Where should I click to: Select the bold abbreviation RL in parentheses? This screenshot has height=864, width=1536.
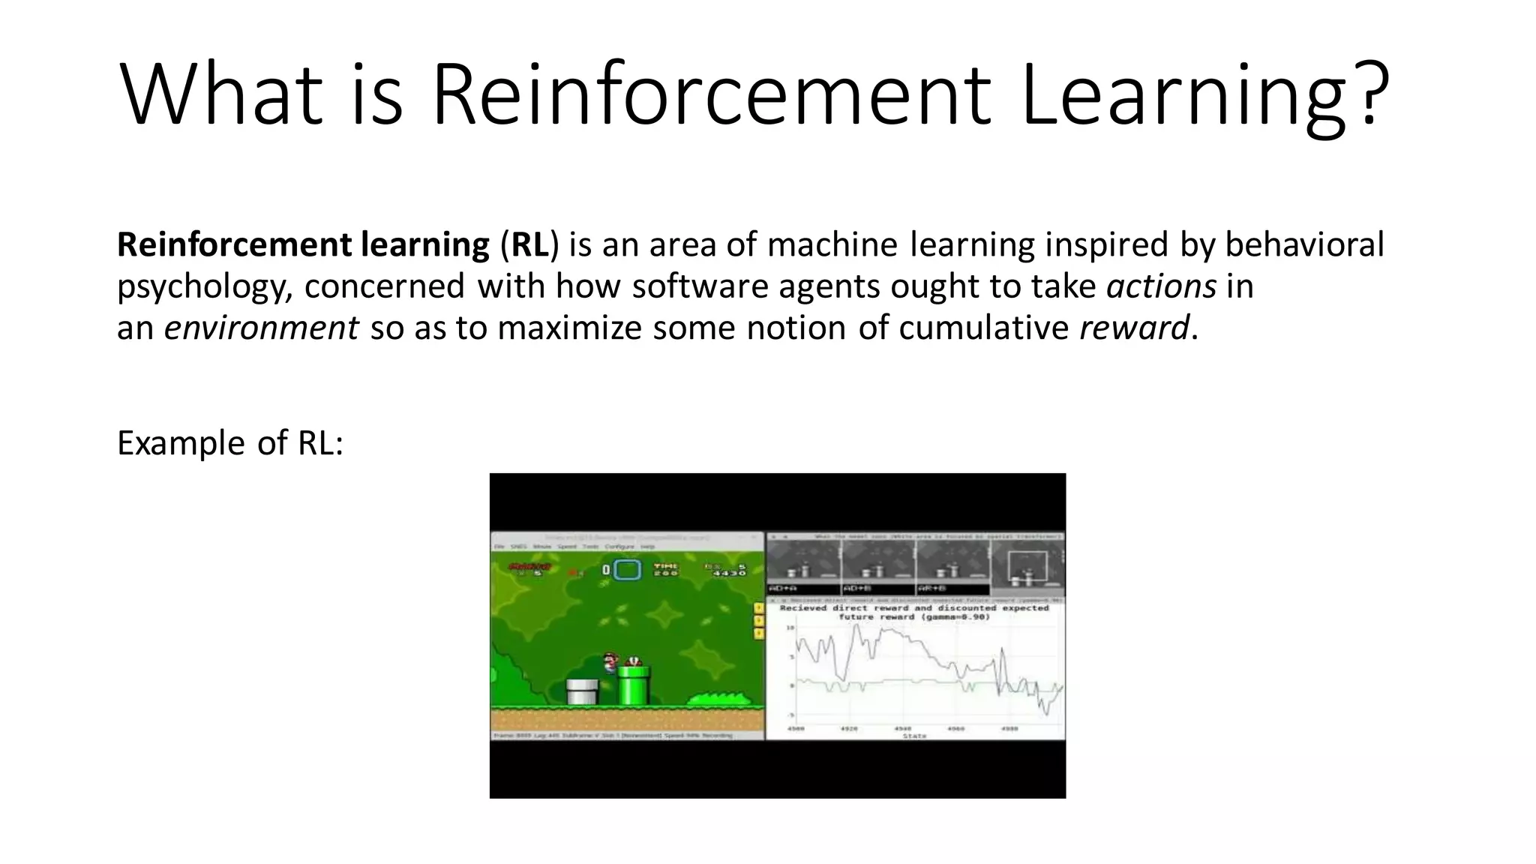(529, 245)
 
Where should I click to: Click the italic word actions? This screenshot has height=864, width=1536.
(1161, 286)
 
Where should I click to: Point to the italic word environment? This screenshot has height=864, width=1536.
(261, 328)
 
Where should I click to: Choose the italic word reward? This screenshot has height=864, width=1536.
(1133, 328)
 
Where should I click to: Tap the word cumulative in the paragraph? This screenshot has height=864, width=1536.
(983, 328)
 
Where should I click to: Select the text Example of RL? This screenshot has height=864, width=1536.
(230, 443)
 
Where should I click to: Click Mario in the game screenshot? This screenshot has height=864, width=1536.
(610, 662)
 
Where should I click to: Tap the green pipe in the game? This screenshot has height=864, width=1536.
(632, 686)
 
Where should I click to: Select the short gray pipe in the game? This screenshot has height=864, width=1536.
(582, 691)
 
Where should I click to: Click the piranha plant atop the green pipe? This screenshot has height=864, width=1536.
(634, 661)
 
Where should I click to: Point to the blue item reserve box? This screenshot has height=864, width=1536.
(628, 570)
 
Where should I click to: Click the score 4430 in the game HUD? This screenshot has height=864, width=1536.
(729, 574)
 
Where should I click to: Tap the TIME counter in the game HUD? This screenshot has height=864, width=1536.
(666, 569)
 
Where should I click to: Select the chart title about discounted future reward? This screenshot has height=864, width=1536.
(913, 612)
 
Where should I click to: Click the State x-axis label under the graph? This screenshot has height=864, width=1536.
(914, 736)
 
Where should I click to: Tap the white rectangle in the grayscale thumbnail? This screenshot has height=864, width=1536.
(1027, 568)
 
